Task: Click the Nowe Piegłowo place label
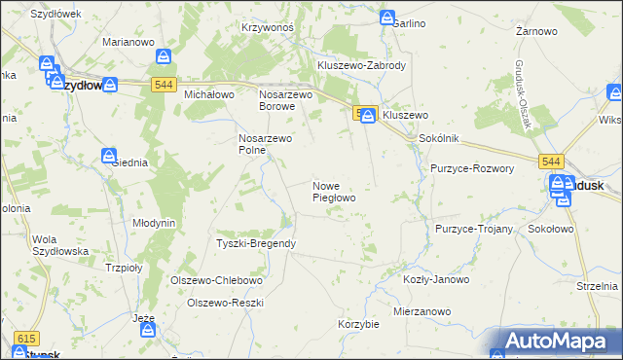333,191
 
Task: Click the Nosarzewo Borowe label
285,100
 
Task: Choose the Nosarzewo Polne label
266,144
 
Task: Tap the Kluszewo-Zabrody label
361,65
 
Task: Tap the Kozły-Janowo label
435,279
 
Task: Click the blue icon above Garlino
387,18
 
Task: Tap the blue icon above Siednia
109,156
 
